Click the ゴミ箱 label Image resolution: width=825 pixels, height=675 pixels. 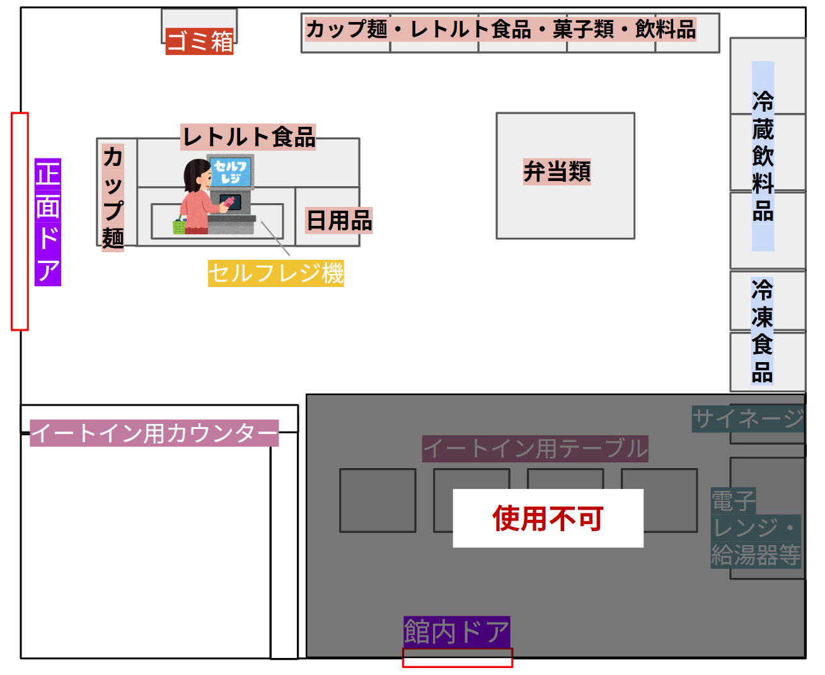point(199,42)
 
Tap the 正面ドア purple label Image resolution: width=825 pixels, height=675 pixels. point(48,222)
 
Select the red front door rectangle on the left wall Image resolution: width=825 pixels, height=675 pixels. point(20,221)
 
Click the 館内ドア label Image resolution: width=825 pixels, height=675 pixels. point(456,631)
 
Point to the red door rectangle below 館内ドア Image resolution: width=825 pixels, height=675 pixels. point(458,658)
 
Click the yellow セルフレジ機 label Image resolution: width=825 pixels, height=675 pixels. point(276,273)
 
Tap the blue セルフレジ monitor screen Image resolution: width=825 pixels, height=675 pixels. point(231,172)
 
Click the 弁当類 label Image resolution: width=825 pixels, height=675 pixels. point(557,171)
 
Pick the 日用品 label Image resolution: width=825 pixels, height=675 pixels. point(339,221)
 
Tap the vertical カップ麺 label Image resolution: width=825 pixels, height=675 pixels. point(113,197)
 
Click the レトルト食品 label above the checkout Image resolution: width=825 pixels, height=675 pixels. point(248,137)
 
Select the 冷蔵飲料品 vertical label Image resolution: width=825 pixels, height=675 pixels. point(763,156)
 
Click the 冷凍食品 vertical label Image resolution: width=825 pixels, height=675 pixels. point(762,331)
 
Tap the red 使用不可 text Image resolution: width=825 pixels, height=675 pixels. point(548,519)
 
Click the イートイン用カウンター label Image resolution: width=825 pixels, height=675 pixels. point(154,433)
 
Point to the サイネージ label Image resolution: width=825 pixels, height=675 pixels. point(748,419)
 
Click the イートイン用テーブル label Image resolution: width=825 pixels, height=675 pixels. point(535,449)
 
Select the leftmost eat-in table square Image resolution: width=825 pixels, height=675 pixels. point(378,500)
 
